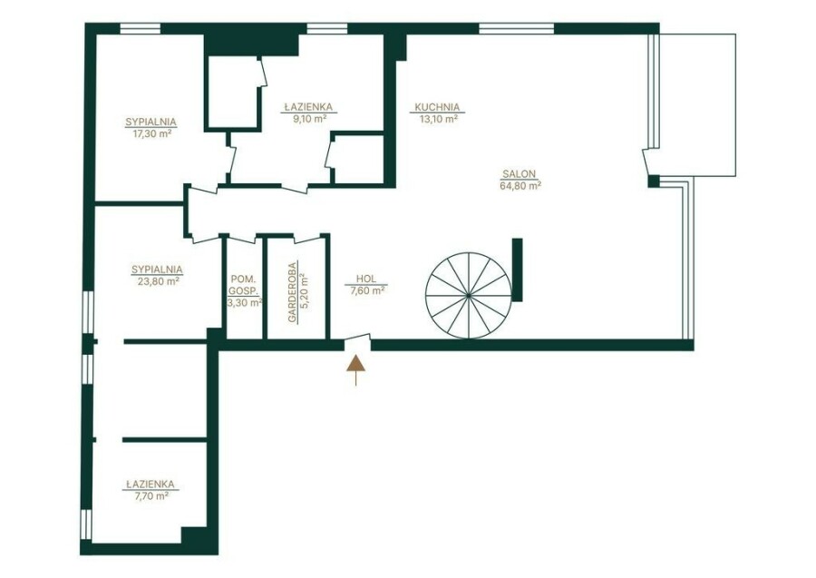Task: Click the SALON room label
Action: [520, 174]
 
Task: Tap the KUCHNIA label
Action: [437, 108]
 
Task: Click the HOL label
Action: [366, 279]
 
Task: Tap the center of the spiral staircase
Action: [469, 295]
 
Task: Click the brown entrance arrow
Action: [356, 370]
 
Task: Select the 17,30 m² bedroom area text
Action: [152, 133]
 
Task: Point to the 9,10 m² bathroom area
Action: [310, 118]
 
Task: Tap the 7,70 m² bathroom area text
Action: [151, 496]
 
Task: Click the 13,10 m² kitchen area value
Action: [438, 119]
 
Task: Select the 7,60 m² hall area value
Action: [367, 290]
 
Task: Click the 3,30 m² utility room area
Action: [244, 302]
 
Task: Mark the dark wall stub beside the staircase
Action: [517, 269]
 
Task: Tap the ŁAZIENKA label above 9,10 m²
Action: [308, 107]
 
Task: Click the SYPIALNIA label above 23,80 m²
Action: [157, 269]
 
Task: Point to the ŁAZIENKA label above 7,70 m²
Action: [151, 485]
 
